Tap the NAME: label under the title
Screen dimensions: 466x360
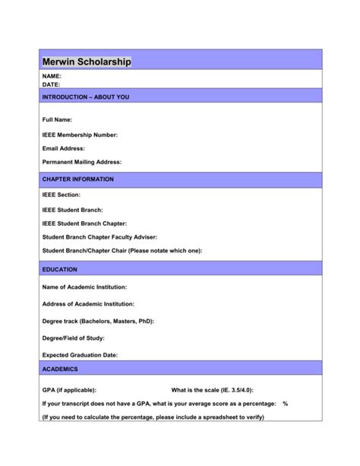[x=52, y=77]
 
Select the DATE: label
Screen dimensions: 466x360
[x=51, y=85]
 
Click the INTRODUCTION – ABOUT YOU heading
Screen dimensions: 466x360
[x=86, y=97]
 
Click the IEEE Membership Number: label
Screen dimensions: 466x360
[x=80, y=135]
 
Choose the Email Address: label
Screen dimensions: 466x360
[x=63, y=148]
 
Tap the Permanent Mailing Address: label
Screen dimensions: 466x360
[x=81, y=162]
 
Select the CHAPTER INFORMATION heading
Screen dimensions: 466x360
[x=78, y=179]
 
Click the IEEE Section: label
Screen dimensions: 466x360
[x=61, y=195]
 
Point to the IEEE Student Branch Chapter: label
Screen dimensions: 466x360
[x=83, y=223]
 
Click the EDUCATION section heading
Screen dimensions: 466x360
[x=60, y=269]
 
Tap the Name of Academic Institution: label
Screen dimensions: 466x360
[x=84, y=287]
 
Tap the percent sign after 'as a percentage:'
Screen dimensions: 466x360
[x=285, y=403]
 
